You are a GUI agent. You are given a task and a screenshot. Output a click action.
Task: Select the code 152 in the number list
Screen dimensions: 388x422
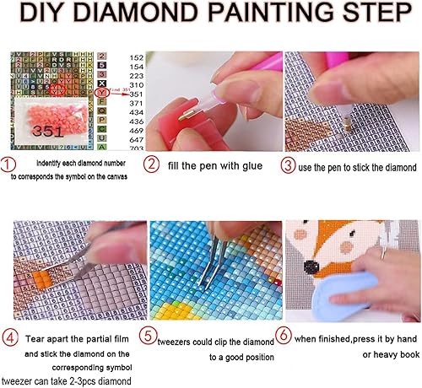(x=131, y=56)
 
